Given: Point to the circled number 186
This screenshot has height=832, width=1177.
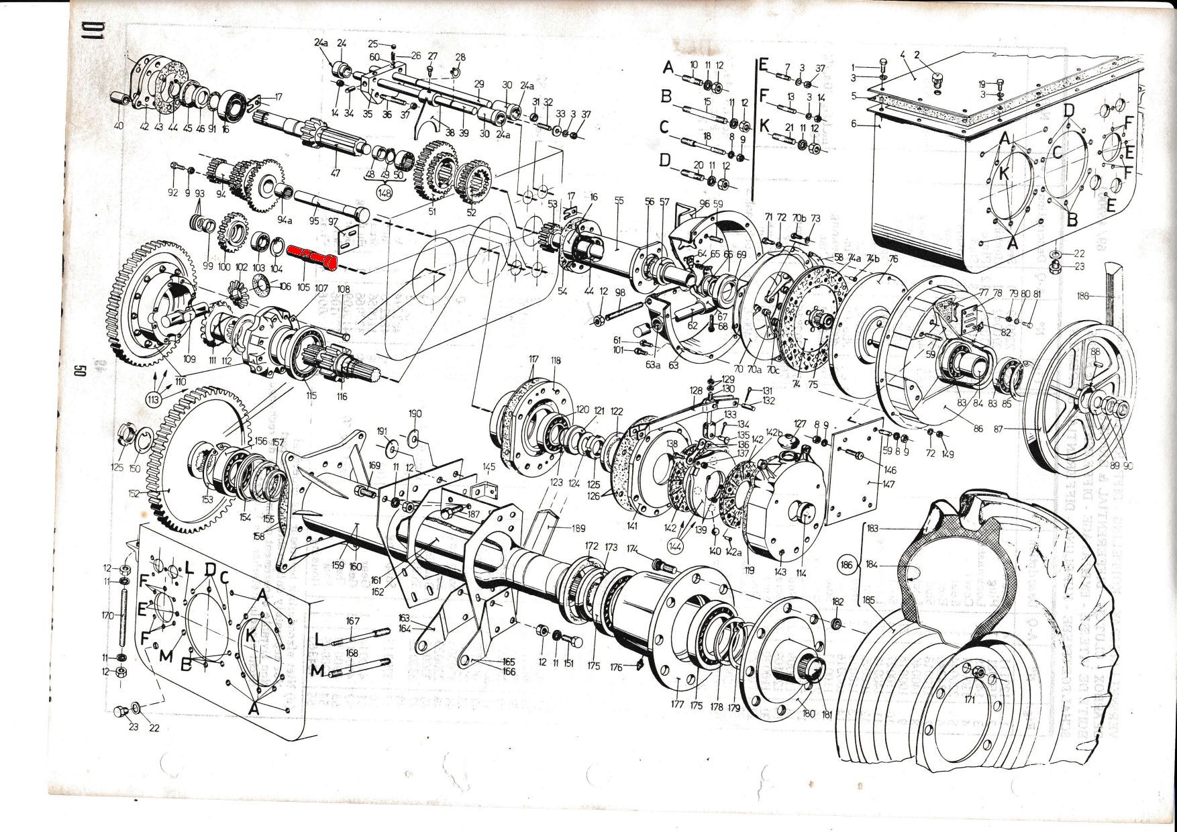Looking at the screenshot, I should [x=847, y=566].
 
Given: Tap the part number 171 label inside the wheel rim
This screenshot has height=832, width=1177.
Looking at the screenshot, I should [x=970, y=699].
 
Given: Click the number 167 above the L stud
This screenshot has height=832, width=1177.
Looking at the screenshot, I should [x=354, y=621].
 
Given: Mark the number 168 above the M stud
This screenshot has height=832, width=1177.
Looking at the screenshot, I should [x=352, y=653].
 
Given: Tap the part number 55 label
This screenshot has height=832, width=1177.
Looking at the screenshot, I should [x=619, y=201].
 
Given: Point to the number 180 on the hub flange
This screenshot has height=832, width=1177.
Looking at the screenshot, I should [x=809, y=714].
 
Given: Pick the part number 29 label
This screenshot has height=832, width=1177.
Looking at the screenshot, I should [x=478, y=84].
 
